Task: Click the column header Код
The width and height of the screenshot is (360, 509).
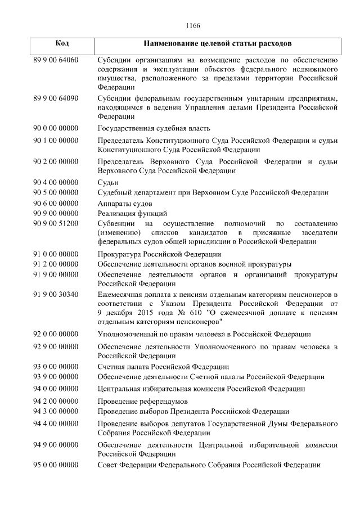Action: tap(62, 43)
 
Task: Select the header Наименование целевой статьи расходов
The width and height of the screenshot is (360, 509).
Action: tap(217, 43)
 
